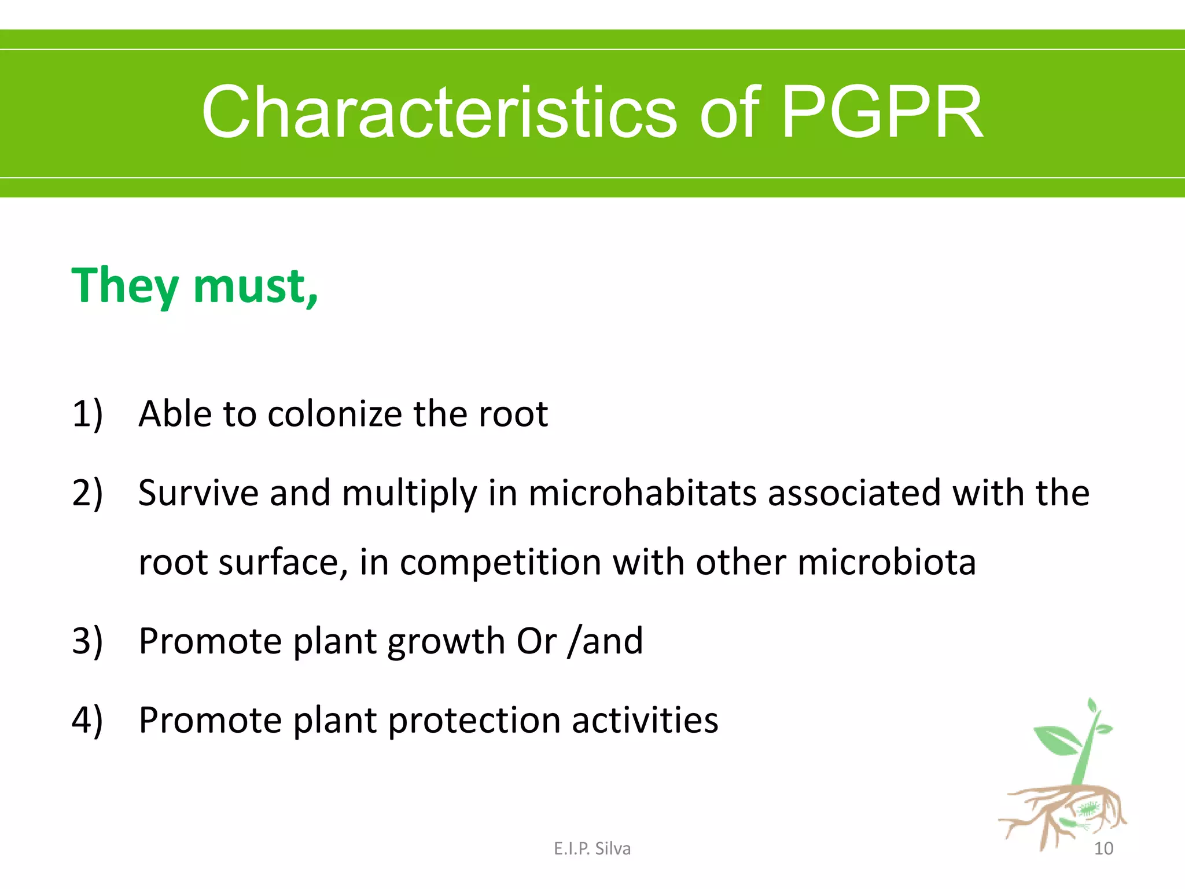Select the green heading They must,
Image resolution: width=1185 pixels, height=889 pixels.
coord(194,286)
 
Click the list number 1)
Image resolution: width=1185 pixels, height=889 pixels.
coord(87,414)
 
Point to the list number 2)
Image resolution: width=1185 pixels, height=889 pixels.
coord(87,493)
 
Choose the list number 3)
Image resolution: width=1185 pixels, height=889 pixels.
coord(87,641)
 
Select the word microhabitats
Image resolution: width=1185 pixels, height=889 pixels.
coord(642,493)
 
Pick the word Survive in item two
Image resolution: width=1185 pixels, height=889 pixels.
coord(198,493)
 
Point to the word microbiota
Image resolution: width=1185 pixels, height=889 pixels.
coord(886,562)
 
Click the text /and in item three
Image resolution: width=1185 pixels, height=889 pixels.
coord(605,641)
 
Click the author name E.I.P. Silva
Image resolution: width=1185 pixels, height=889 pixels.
coord(592,848)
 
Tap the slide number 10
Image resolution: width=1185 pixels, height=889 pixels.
coord(1103,848)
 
